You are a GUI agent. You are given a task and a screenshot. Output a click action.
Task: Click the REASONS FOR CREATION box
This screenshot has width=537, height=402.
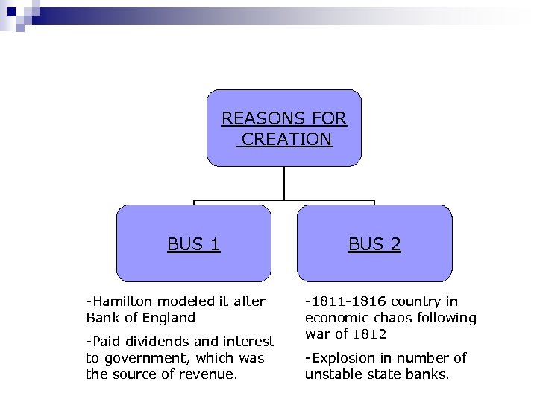(x=283, y=128)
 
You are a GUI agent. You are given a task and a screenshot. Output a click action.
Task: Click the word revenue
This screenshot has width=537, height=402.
(x=211, y=374)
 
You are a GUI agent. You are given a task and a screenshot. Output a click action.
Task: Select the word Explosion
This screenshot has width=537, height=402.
(x=342, y=358)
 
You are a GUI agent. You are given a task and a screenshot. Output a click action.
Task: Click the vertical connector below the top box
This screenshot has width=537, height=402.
(x=284, y=183)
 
